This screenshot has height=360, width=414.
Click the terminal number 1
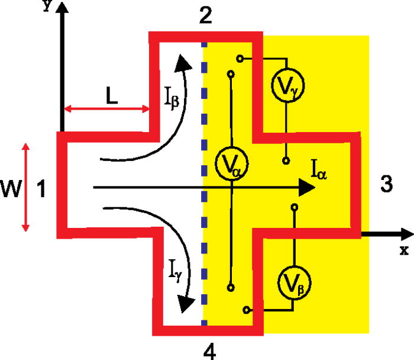(41, 190)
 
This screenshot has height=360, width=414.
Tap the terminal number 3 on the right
(385, 184)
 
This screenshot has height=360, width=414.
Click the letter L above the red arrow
(108, 95)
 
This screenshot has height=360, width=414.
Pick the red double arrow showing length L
(106, 109)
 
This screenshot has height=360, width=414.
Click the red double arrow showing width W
(25, 187)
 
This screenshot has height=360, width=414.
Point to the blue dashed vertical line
(204, 178)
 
